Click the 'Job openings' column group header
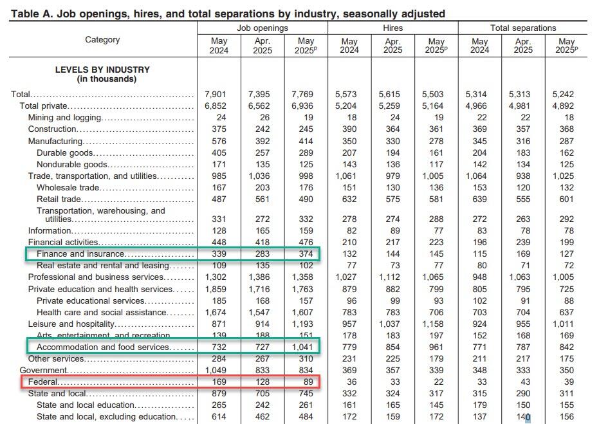(x=263, y=28)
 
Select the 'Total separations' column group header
(x=523, y=28)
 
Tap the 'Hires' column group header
(x=392, y=28)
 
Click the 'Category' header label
(x=102, y=40)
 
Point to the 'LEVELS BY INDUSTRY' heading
(x=102, y=70)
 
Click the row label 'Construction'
(x=52, y=129)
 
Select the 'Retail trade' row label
(x=59, y=199)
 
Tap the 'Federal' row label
(x=42, y=382)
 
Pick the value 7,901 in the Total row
(x=216, y=94)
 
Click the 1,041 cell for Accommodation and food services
(x=302, y=347)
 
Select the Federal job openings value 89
(x=308, y=382)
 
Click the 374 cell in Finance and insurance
(x=306, y=253)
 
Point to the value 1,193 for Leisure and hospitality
(x=302, y=324)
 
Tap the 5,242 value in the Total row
(x=563, y=94)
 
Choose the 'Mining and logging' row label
(x=64, y=118)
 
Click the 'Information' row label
(x=50, y=231)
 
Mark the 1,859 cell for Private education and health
(x=216, y=289)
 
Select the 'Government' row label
(x=43, y=370)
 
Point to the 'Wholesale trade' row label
(x=68, y=188)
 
